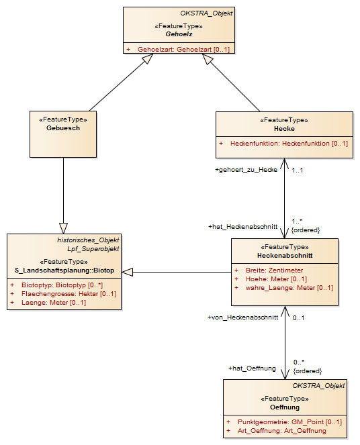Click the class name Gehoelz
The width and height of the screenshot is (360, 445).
pyautogui.click(x=179, y=34)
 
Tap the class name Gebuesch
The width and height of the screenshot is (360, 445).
pyautogui.click(x=63, y=128)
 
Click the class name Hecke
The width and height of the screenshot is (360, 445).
pyautogui.click(x=284, y=129)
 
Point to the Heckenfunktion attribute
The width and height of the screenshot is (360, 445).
pyautogui.click(x=289, y=144)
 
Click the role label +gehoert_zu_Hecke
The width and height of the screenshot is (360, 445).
pyautogui.click(x=246, y=170)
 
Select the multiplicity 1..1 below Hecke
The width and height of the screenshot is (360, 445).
pyautogui.click(x=298, y=170)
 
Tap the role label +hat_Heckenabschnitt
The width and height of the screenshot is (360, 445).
pyautogui.click(x=243, y=227)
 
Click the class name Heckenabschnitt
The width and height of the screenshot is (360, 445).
pyautogui.click(x=285, y=256)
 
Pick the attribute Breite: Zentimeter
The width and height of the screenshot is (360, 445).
pyautogui.click(x=274, y=270)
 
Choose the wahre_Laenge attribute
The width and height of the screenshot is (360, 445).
pyautogui.click(x=289, y=288)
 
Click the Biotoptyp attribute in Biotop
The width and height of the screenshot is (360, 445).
pyautogui.click(x=62, y=285)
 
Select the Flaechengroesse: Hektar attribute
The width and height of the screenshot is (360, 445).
pyautogui.click(x=69, y=294)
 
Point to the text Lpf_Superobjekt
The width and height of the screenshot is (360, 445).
pyautogui.click(x=93, y=249)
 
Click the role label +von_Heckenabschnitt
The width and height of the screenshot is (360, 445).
pyautogui.click(x=243, y=317)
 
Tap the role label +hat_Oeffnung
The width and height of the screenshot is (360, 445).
pyautogui.click(x=252, y=368)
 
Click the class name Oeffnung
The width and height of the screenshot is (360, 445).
pyautogui.click(x=285, y=407)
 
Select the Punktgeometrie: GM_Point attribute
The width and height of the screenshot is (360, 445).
pyautogui.click(x=290, y=422)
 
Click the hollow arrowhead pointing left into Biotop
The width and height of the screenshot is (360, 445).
pyautogui.click(x=127, y=272)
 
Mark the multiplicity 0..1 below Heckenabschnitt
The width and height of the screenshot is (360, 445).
pyautogui.click(x=298, y=318)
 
